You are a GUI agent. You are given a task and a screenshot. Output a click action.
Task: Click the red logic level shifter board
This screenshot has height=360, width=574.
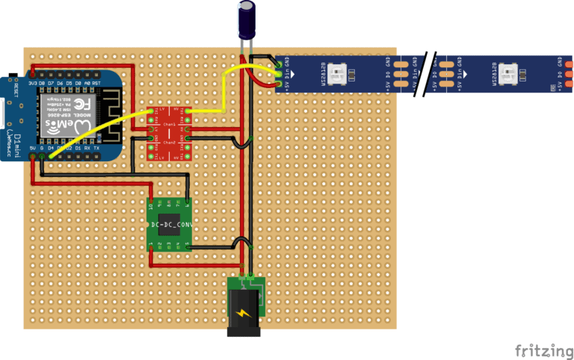click(171, 132)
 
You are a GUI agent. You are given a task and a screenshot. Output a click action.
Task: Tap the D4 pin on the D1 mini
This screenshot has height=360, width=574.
click(51, 149)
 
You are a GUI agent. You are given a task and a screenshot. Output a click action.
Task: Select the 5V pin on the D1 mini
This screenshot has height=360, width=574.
click(32, 149)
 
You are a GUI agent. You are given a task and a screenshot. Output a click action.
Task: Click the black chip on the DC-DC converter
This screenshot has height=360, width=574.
click(170, 224)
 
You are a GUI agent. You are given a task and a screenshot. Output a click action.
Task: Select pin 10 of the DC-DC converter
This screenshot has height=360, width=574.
click(152, 203)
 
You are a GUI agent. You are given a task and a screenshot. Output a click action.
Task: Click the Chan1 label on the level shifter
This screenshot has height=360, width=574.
click(170, 124)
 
